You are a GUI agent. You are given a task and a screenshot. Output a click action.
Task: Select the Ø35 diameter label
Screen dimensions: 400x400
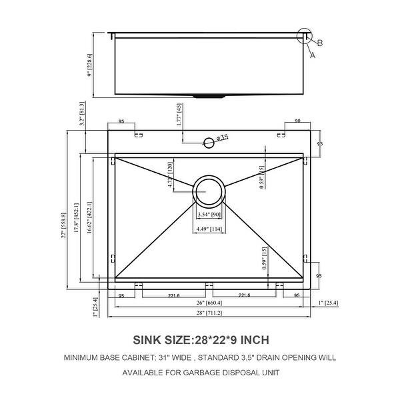(222, 137)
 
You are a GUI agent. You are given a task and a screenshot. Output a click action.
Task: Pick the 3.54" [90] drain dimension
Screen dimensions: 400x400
(209, 215)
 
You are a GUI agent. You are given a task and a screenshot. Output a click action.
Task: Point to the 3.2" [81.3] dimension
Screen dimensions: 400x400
(81, 115)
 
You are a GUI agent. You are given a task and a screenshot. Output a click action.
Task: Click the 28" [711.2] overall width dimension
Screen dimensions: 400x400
(209, 313)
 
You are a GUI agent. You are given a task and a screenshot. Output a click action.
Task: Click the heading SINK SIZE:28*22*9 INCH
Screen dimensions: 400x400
(201, 339)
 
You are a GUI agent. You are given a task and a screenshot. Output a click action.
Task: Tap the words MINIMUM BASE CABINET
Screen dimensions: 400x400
(105, 357)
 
